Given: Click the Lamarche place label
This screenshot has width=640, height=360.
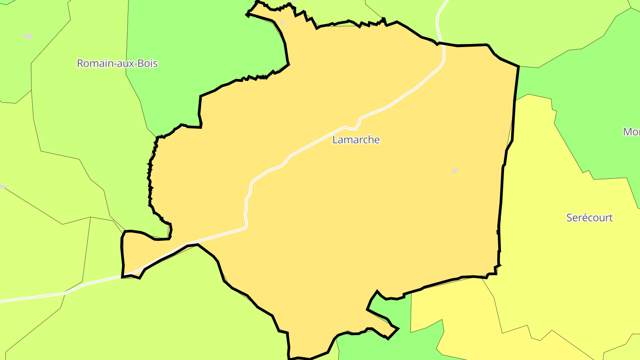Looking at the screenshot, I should pyautogui.click(x=356, y=140).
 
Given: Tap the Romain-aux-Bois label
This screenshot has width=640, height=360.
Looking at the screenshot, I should pyautogui.click(x=117, y=64).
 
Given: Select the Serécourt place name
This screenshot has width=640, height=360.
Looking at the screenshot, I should pyautogui.click(x=589, y=218).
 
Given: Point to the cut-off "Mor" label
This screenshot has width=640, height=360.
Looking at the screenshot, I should pyautogui.click(x=632, y=132).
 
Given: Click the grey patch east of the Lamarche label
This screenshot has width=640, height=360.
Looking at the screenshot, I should pyautogui.click(x=455, y=170).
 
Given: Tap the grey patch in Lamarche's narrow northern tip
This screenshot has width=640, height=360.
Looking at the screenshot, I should pyautogui.click(x=282, y=23).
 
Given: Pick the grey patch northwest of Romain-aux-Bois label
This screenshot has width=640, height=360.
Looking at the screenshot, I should pyautogui.click(x=28, y=36).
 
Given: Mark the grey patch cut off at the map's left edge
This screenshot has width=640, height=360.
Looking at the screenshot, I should pyautogui.click(x=2, y=187).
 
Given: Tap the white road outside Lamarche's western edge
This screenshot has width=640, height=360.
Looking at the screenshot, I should pyautogui.click(x=67, y=292).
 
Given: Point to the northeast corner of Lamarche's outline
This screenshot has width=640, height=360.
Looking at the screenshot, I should pyautogui.click(x=518, y=67).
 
